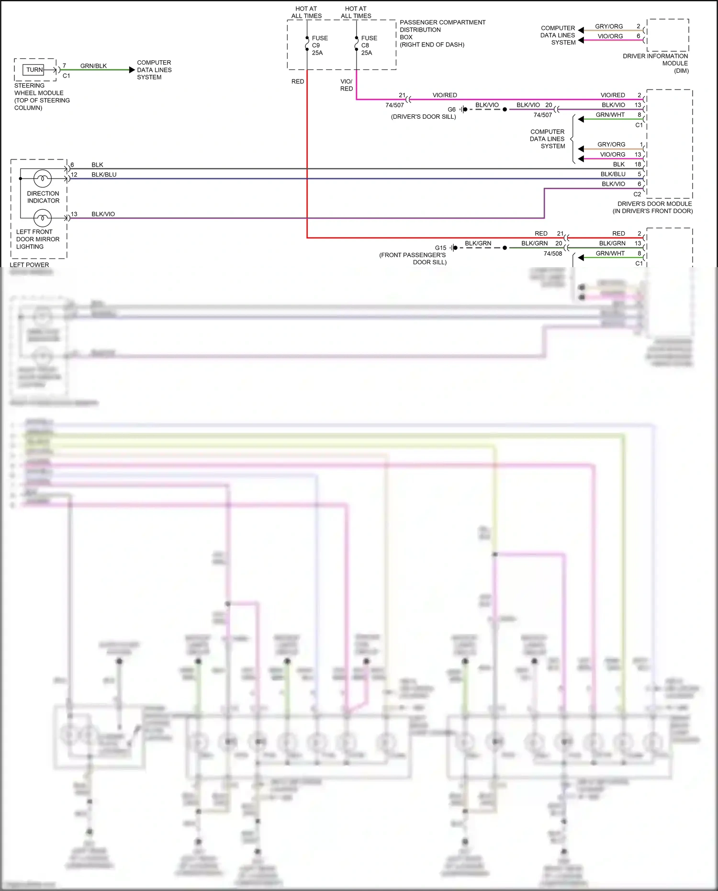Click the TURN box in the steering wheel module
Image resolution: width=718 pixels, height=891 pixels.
click(x=34, y=70)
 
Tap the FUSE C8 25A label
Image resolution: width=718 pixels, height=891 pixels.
click(x=369, y=45)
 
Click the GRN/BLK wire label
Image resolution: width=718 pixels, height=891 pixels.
click(x=93, y=66)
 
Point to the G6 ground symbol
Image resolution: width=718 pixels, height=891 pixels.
click(x=463, y=110)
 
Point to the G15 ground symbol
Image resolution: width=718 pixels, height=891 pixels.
click(x=453, y=248)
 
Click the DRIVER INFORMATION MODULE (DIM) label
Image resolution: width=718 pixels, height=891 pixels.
click(x=655, y=63)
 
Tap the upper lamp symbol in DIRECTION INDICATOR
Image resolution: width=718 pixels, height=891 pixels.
click(x=43, y=179)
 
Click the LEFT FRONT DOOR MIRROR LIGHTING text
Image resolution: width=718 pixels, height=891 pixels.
click(x=37, y=239)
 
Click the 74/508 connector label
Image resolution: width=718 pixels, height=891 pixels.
click(x=552, y=254)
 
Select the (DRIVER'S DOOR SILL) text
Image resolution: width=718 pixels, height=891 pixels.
click(x=423, y=117)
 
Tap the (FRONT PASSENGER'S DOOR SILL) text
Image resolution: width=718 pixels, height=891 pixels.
click(x=413, y=259)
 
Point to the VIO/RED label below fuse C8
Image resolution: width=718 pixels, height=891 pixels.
click(x=347, y=85)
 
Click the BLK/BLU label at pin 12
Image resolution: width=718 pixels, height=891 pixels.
click(x=104, y=175)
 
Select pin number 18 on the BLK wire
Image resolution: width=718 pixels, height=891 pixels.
click(x=638, y=164)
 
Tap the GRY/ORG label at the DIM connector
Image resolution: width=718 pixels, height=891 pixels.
click(x=609, y=26)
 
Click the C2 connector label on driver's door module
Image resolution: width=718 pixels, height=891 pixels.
click(x=637, y=194)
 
